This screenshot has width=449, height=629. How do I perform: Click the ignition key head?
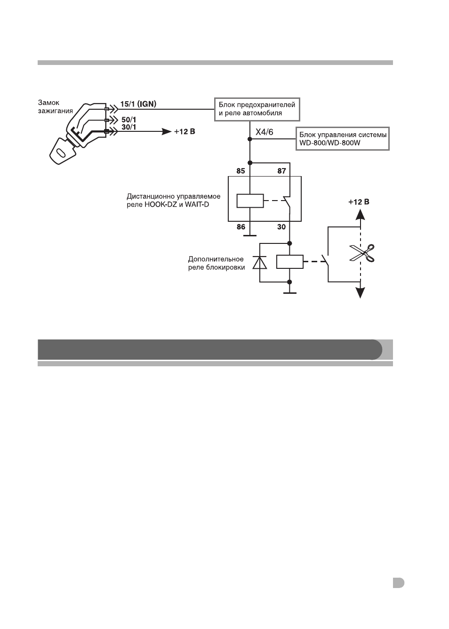click(62, 151)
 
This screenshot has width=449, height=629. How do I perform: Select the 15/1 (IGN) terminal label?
click(138, 104)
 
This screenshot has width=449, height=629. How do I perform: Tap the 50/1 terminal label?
click(129, 120)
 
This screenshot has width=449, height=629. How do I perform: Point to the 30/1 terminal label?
click(129, 127)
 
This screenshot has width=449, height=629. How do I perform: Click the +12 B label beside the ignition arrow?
click(184, 131)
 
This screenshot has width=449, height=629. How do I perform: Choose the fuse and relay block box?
click(257, 109)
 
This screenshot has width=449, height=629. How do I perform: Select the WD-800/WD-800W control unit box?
click(343, 138)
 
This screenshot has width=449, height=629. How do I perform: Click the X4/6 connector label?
click(264, 132)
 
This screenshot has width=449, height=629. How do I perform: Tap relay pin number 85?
click(241, 171)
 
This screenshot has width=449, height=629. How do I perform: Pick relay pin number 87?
click(281, 171)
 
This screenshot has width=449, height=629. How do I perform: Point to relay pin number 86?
click(241, 227)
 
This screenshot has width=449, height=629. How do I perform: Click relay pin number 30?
click(281, 227)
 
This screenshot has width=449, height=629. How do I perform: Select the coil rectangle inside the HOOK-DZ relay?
click(250, 201)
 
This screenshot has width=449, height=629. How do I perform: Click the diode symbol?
click(260, 263)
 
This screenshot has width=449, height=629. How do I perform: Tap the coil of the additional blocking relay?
click(290, 262)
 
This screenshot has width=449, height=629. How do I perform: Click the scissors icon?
click(362, 253)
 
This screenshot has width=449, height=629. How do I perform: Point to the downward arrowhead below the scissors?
click(361, 293)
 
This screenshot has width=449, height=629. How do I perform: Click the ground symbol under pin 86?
click(250, 235)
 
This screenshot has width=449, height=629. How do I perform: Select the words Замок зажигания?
click(55, 107)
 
